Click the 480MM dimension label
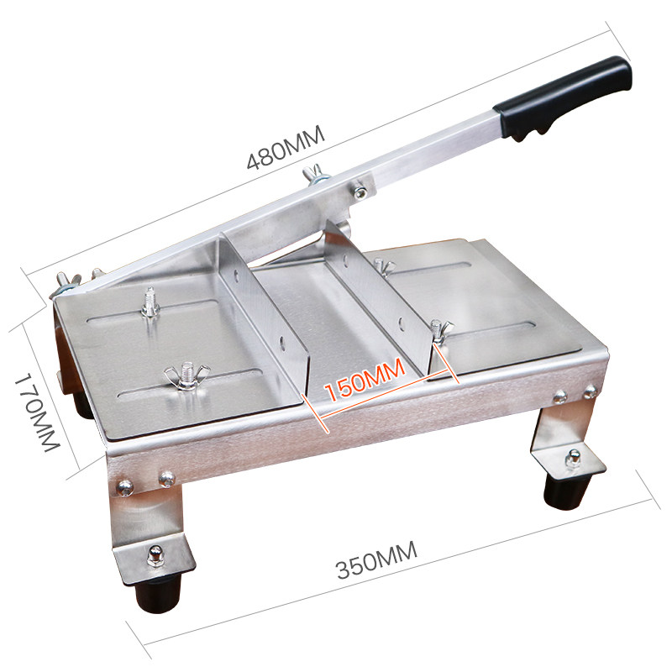286,148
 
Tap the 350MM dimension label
376,560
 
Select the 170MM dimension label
36,412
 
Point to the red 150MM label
365,380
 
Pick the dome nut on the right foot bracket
573,458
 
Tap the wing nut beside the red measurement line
439,330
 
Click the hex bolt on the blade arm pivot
360,192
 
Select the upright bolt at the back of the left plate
150,302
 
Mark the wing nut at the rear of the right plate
383,266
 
